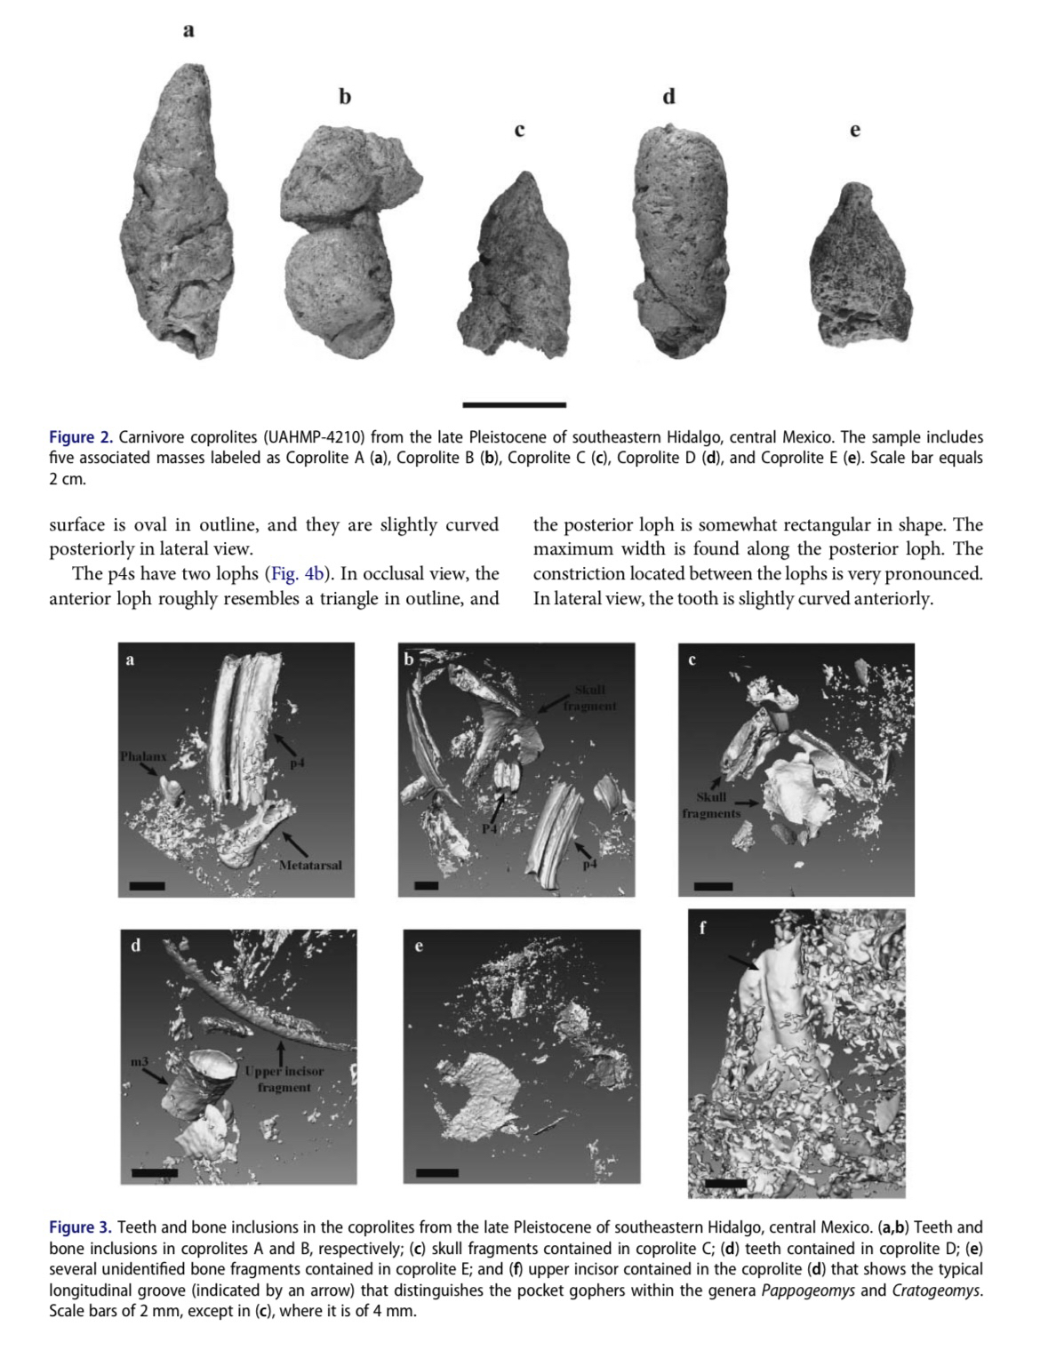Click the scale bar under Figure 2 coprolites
(514, 405)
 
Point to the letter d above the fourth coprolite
(669, 96)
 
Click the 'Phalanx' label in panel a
(144, 756)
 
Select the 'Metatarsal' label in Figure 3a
(310, 865)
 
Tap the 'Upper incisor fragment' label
(284, 1079)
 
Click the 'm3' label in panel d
(138, 1062)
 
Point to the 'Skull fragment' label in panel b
(589, 698)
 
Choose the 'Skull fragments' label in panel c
(711, 805)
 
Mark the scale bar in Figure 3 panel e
(436, 1172)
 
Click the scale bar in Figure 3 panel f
(727, 1184)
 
